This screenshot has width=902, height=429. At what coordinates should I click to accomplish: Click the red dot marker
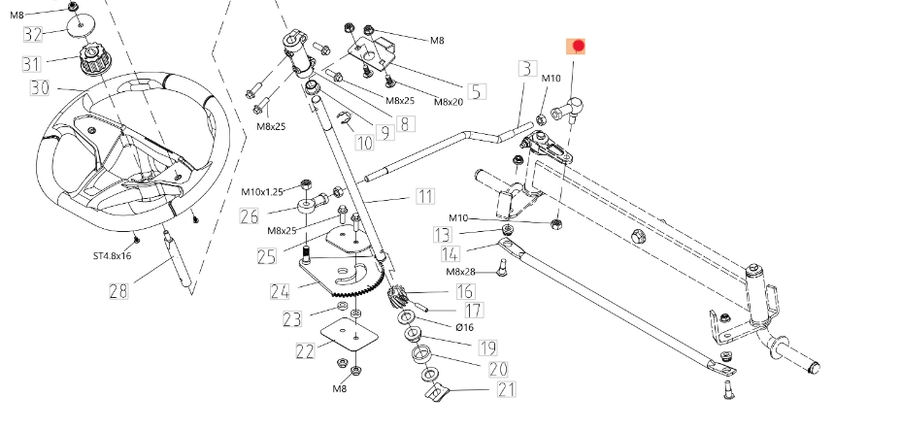point(578,46)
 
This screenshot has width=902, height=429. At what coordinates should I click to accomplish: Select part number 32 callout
point(33,35)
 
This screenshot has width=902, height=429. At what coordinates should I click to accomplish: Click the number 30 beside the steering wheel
point(39,87)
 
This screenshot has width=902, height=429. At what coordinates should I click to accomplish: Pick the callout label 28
point(117,290)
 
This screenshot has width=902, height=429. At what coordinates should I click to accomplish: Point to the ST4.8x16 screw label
point(112,256)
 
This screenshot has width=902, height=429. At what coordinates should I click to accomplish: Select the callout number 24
point(280,289)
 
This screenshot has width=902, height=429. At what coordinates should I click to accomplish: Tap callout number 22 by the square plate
point(305,350)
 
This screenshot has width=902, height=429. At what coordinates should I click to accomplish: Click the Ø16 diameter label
point(464,328)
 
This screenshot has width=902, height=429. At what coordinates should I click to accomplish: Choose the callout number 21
point(505,390)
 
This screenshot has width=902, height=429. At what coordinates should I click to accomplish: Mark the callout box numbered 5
point(476,92)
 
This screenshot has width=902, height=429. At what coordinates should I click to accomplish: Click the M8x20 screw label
point(448,101)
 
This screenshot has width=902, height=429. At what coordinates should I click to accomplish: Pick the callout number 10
point(364,143)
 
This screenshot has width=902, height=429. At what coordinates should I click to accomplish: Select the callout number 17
point(472,311)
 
